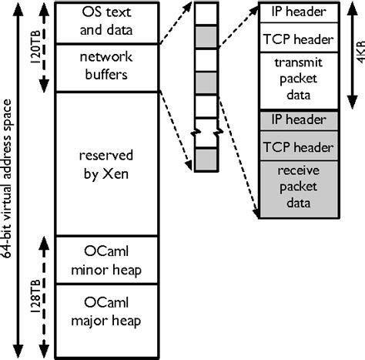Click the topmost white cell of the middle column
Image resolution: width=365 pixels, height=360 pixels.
205,13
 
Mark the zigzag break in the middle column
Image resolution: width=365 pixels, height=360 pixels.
205,132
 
